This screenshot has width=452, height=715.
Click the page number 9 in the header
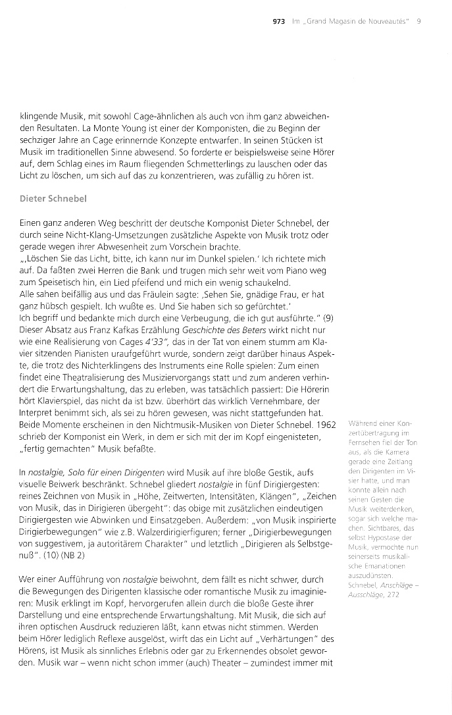418,21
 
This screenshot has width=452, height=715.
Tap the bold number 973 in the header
278,21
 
